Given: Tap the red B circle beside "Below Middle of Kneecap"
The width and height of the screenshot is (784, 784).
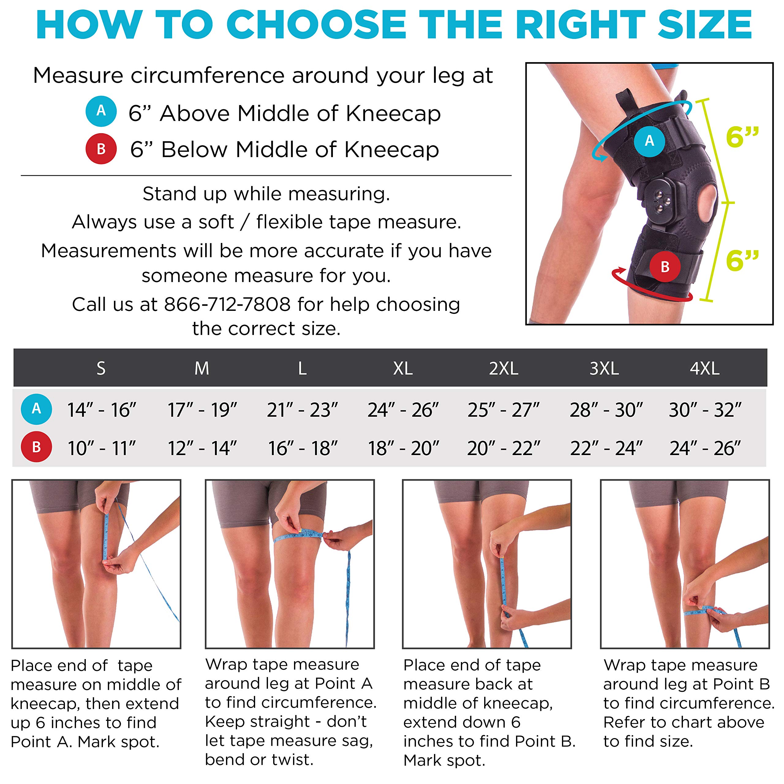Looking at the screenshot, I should (101, 149).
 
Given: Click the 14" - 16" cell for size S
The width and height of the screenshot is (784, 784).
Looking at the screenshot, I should (101, 410).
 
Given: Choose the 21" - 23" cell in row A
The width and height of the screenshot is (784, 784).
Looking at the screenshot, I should (302, 410).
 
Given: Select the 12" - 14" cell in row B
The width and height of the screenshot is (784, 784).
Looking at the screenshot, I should (202, 448).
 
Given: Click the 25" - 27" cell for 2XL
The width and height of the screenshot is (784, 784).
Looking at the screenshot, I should (503, 410).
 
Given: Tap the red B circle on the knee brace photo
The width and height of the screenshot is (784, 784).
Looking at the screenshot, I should (665, 267).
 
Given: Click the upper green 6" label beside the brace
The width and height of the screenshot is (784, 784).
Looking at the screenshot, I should (742, 137).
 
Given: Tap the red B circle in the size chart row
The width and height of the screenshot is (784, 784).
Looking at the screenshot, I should (36, 447).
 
